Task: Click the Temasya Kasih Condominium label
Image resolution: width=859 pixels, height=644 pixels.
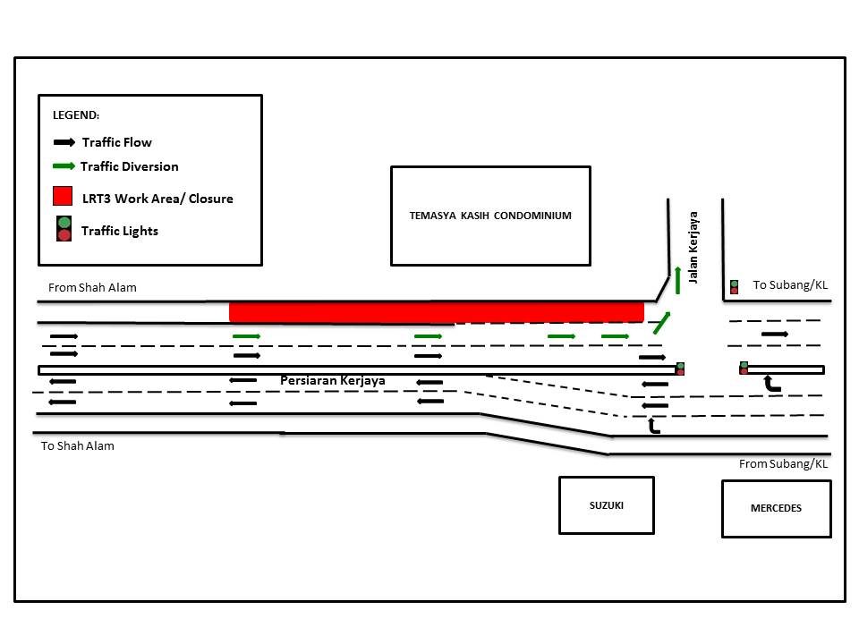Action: pos(490,216)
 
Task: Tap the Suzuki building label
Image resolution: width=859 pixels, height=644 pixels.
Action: pos(607,505)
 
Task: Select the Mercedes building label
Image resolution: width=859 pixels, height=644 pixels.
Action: pos(776,508)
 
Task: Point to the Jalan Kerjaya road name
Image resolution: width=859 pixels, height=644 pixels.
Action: pos(693,248)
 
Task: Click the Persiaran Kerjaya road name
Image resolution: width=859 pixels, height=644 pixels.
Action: pos(333,381)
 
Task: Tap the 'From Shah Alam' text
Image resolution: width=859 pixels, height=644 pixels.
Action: pos(92,287)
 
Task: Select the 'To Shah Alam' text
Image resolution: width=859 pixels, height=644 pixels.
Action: pos(78,445)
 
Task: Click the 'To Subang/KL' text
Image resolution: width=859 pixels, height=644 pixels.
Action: pos(790,284)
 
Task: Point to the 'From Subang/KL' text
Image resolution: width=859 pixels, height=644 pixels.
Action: pos(783,464)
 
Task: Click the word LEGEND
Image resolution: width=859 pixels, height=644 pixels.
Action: pos(75,115)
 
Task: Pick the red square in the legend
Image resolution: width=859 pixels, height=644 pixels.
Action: pos(63,196)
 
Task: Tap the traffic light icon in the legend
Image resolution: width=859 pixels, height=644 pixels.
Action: pos(64,229)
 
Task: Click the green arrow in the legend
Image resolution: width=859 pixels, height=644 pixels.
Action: pos(64,166)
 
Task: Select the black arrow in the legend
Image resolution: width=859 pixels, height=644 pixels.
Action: pos(64,142)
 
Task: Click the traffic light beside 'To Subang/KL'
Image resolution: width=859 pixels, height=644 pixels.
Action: pos(734,287)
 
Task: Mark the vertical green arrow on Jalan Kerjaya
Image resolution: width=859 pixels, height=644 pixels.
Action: pos(677,280)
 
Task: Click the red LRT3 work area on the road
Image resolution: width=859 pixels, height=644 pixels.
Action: pos(436,312)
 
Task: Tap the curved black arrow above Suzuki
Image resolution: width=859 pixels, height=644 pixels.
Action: pos(653,426)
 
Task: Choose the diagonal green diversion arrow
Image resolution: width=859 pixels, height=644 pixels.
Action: pos(662,323)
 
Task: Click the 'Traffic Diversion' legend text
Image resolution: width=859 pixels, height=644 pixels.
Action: pos(129,166)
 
